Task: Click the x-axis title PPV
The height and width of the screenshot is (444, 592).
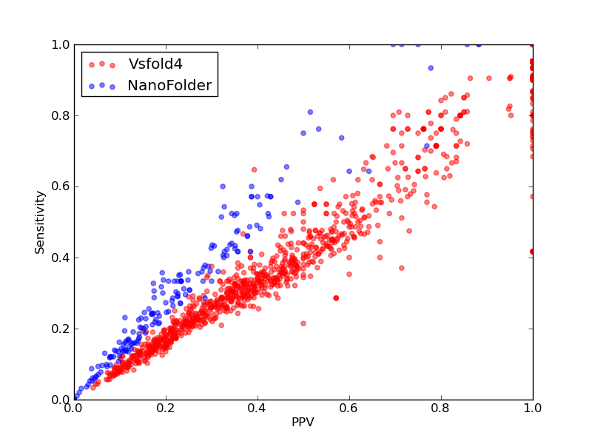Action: click(x=303, y=422)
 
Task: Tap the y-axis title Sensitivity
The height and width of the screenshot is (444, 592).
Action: click(x=40, y=223)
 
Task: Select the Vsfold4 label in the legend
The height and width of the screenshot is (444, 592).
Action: click(x=155, y=64)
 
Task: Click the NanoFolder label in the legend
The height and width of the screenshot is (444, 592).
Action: click(x=169, y=85)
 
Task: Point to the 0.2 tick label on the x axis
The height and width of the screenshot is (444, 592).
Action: click(x=166, y=408)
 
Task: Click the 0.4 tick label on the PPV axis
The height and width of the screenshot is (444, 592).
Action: click(x=258, y=408)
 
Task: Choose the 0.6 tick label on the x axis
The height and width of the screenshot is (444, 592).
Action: click(x=349, y=408)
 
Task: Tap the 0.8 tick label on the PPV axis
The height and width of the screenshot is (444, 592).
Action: click(x=441, y=408)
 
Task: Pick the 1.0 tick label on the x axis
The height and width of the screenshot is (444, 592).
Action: click(x=533, y=408)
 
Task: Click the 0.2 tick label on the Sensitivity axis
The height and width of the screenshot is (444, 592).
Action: click(x=61, y=329)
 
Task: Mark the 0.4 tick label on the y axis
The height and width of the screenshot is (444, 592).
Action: click(x=61, y=258)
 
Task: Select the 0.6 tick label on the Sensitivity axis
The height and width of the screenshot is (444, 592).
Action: click(x=61, y=187)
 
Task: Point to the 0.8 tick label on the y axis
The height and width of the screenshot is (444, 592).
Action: click(x=61, y=115)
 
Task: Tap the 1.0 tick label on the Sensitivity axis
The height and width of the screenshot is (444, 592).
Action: click(x=61, y=44)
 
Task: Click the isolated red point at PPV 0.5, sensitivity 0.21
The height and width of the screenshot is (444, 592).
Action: click(x=303, y=323)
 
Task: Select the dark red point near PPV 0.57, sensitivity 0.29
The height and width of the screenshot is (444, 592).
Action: click(x=336, y=298)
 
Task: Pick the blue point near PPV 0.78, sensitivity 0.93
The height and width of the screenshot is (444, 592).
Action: click(x=431, y=68)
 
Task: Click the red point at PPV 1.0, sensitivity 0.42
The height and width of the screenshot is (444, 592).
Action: click(x=532, y=252)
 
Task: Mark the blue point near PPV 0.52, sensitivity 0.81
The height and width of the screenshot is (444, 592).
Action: click(x=310, y=112)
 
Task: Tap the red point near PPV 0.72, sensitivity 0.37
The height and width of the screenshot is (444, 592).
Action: click(x=402, y=268)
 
